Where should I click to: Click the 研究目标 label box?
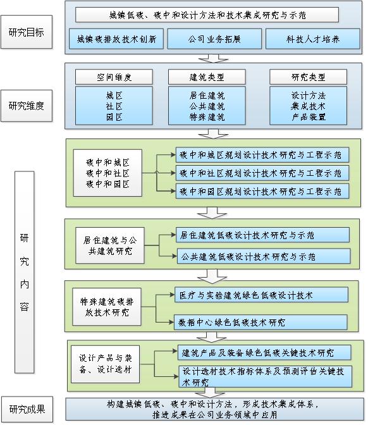tap(27, 32)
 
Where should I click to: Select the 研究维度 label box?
tap(27, 106)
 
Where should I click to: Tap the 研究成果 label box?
tap(27, 409)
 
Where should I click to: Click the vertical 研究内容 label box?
tap(25, 272)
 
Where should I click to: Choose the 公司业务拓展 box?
tap(214, 39)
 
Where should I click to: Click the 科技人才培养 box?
tap(313, 39)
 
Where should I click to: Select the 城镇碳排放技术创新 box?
tap(116, 39)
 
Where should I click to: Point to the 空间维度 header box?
tap(114, 77)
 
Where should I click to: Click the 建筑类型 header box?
tap(207, 77)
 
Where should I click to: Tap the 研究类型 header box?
tap(309, 77)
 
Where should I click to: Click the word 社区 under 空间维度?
tap(114, 106)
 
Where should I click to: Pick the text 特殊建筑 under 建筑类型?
tap(207, 117)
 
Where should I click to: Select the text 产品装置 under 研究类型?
tap(309, 117)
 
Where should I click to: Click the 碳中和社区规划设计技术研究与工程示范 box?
tap(262, 173)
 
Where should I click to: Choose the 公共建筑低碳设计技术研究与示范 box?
tap(264, 256)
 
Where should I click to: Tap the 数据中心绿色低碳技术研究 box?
tap(261, 323)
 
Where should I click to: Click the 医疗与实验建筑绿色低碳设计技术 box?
tap(262, 295)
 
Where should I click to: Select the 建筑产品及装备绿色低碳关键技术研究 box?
tap(264, 353)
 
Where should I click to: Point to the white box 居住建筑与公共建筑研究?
tap(110, 245)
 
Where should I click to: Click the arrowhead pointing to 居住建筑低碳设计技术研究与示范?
tap(174, 235)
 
